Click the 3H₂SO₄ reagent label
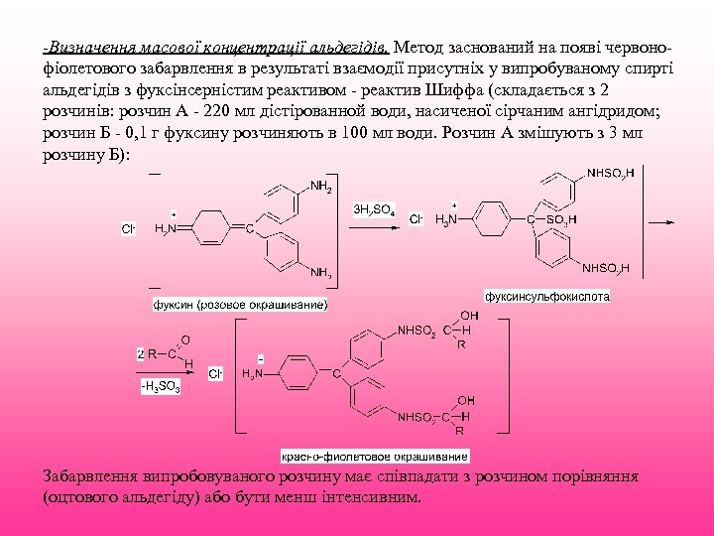pos(375,210)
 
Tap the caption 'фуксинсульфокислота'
pos(547,296)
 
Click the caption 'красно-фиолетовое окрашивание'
pos(376,457)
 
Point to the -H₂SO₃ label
pos(160,386)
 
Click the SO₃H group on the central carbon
pos(559,219)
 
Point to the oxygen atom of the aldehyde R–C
pos(185,339)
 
